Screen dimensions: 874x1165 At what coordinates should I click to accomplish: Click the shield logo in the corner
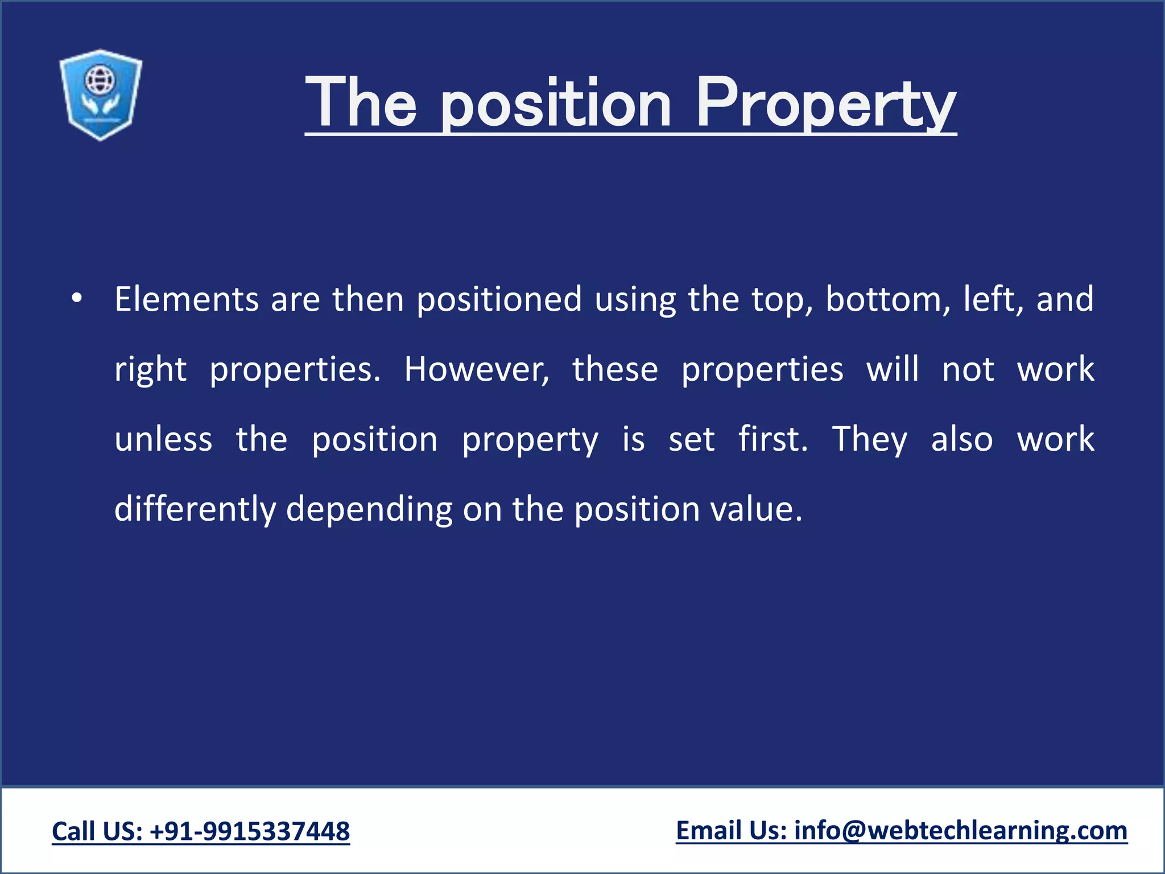101,94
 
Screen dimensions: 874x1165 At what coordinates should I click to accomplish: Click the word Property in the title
825,105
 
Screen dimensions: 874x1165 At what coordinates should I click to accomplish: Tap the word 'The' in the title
361,104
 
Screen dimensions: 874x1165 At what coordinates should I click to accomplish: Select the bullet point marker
77,299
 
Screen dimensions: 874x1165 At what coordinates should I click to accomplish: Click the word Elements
187,299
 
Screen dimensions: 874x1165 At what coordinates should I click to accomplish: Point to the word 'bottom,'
888,299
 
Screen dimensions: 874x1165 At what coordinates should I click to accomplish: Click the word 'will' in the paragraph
892,370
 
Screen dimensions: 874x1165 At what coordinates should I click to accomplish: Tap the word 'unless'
163,440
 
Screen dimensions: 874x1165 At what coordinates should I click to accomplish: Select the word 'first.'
773,440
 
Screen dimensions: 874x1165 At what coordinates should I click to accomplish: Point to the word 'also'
962,440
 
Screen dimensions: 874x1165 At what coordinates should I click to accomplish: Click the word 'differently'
195,509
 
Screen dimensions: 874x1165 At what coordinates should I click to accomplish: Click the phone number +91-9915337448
250,831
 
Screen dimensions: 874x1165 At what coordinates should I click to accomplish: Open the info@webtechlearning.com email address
961,831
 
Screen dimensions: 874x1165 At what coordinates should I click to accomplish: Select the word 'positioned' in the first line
499,299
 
